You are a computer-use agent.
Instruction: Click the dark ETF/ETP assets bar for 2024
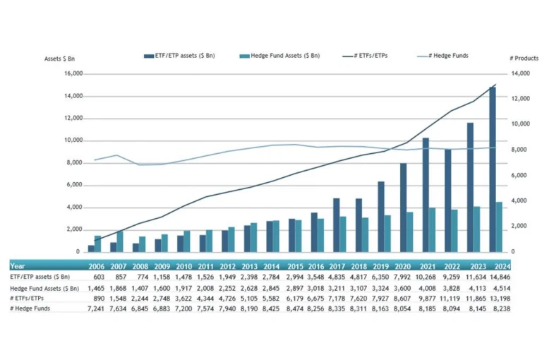[x=493, y=169]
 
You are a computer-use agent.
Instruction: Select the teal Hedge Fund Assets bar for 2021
[x=432, y=229]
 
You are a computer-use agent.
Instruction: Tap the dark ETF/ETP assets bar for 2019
[x=381, y=217]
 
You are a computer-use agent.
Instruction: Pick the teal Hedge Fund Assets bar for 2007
[x=120, y=241]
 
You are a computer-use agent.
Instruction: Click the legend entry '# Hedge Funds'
[x=442, y=56]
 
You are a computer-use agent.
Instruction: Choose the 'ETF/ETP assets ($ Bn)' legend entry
[x=179, y=56]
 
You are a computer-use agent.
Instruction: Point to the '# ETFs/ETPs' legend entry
[x=365, y=56]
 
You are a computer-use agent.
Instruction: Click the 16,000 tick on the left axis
[x=73, y=73]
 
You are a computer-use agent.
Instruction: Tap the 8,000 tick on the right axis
[x=519, y=150]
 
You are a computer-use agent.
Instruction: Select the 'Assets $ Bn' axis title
[x=59, y=59]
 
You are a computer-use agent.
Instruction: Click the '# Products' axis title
[x=524, y=59]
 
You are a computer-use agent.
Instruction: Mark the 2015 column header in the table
[x=295, y=267]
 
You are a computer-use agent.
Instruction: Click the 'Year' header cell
[x=18, y=266]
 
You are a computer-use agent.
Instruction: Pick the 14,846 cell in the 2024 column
[x=500, y=277]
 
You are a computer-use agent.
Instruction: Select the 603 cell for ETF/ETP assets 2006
[x=99, y=277]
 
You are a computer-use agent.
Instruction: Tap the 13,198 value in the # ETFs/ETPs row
[x=500, y=299]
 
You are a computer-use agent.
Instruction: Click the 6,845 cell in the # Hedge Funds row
[x=140, y=308]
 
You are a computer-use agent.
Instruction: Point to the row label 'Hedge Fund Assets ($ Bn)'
[x=44, y=289]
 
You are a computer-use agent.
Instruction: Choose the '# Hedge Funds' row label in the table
[x=30, y=308]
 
